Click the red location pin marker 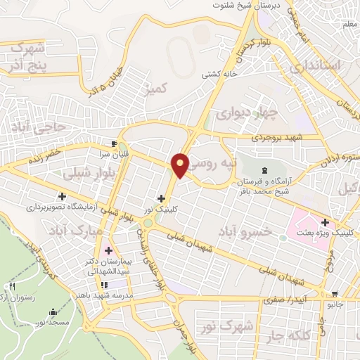coord(181,165)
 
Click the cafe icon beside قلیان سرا coord(105,140)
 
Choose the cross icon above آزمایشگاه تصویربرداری coord(63,197)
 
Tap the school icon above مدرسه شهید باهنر coord(104,285)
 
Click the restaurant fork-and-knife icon coord(11,287)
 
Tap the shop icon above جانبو coord(335,294)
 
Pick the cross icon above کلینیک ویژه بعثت coord(324,223)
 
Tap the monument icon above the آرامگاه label coord(264,171)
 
